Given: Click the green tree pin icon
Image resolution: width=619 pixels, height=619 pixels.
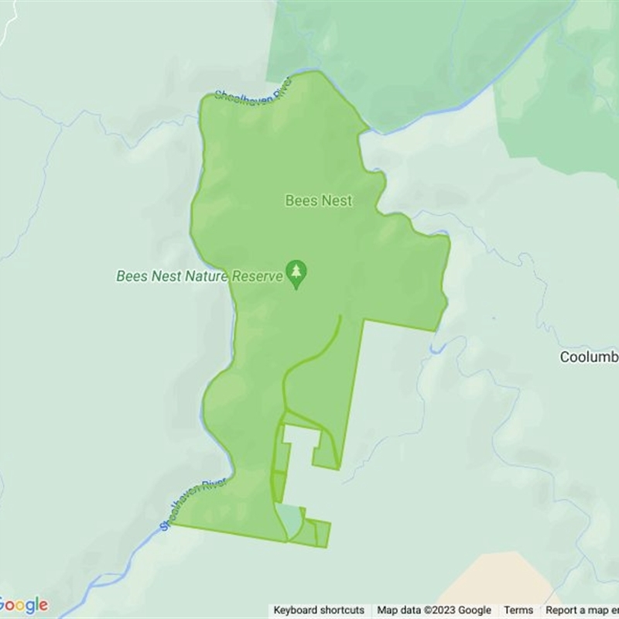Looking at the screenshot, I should click(296, 273).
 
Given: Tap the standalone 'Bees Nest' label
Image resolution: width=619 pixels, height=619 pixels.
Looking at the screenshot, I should click(318, 200).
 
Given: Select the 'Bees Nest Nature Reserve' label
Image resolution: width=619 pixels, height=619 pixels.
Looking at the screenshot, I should click(199, 276).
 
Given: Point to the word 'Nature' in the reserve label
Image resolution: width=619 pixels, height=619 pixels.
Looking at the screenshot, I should click(204, 276).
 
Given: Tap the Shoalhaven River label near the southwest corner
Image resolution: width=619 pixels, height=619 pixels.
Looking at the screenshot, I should click(193, 504).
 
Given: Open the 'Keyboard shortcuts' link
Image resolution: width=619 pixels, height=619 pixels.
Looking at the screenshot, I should click(319, 610).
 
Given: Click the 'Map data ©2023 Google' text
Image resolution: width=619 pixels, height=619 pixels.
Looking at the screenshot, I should click(434, 610).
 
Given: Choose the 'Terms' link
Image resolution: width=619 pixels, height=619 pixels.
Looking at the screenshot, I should click(518, 610).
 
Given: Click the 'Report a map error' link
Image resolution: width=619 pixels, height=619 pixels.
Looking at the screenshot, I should click(581, 610).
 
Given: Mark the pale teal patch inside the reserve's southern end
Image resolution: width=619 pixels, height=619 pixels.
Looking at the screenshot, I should click(289, 520).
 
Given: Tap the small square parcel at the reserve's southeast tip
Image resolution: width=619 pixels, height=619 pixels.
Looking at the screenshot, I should click(323, 533).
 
